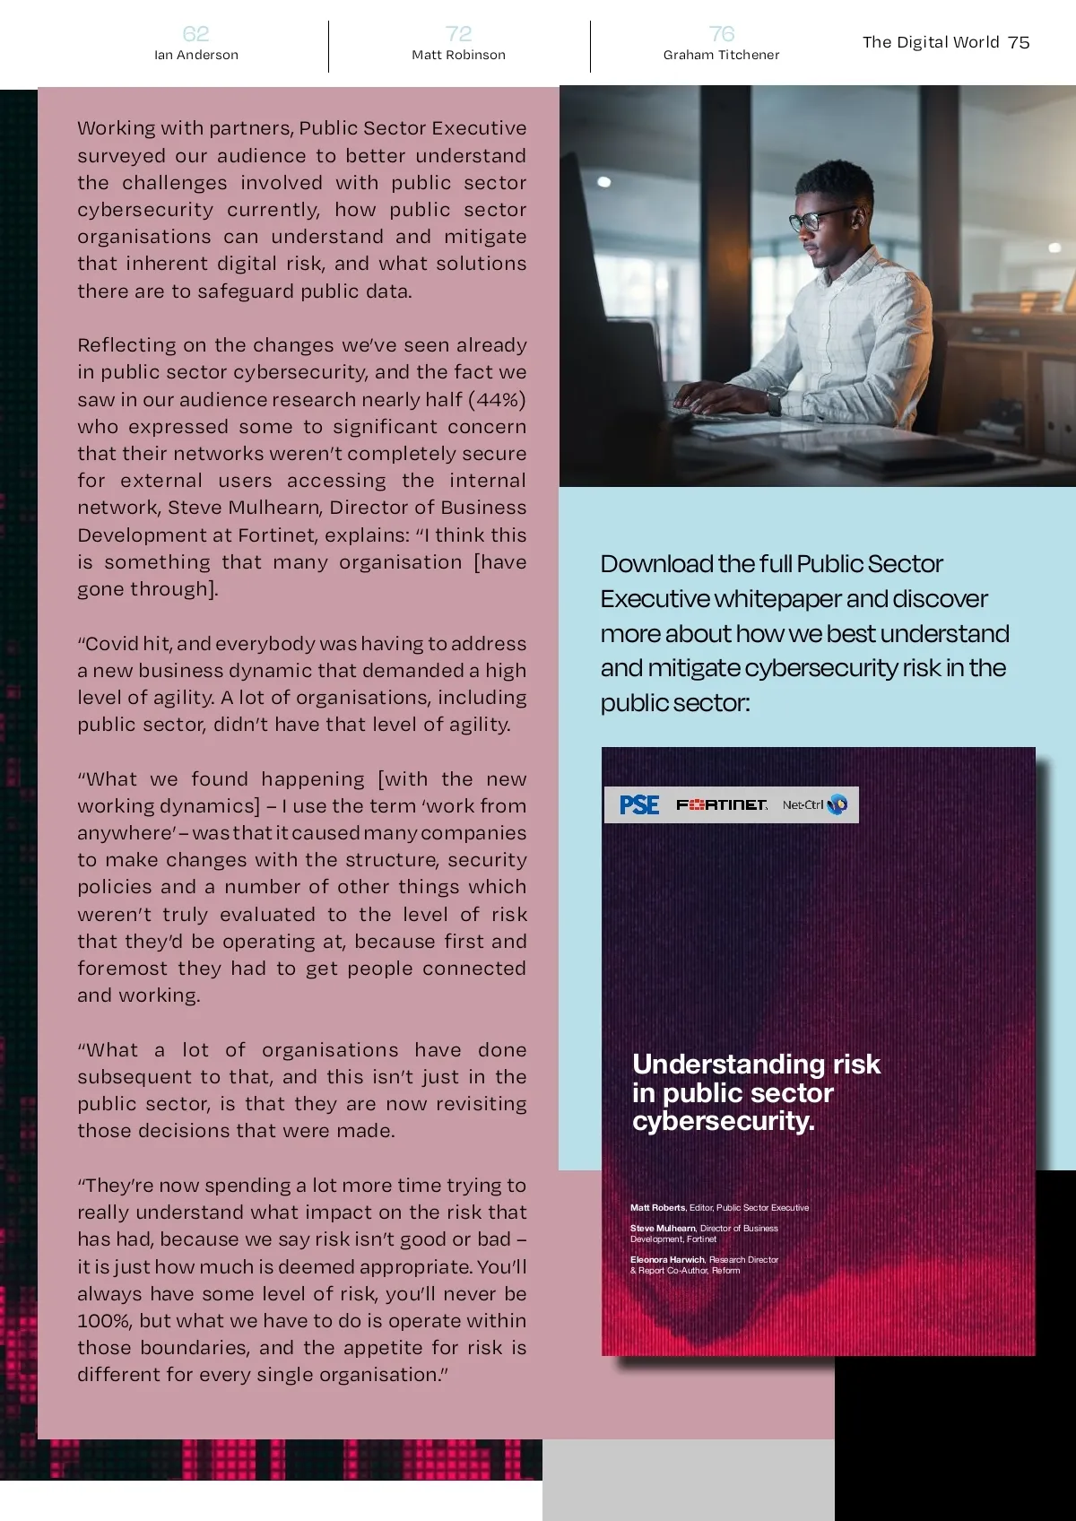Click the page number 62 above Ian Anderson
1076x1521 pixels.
pos(195,34)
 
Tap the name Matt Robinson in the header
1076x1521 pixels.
pos(458,55)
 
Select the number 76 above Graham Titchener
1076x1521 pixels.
pos(721,34)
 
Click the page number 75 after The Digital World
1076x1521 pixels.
pos(1019,42)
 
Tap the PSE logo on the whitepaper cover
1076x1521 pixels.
pos(639,805)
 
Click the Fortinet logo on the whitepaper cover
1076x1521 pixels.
pos(722,805)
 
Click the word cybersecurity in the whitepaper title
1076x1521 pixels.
pos(723,1121)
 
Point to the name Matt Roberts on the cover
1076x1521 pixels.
pos(657,1208)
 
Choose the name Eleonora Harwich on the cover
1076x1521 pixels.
pos(668,1260)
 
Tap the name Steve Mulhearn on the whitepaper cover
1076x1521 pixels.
pos(663,1229)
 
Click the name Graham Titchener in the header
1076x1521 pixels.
pos(721,55)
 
